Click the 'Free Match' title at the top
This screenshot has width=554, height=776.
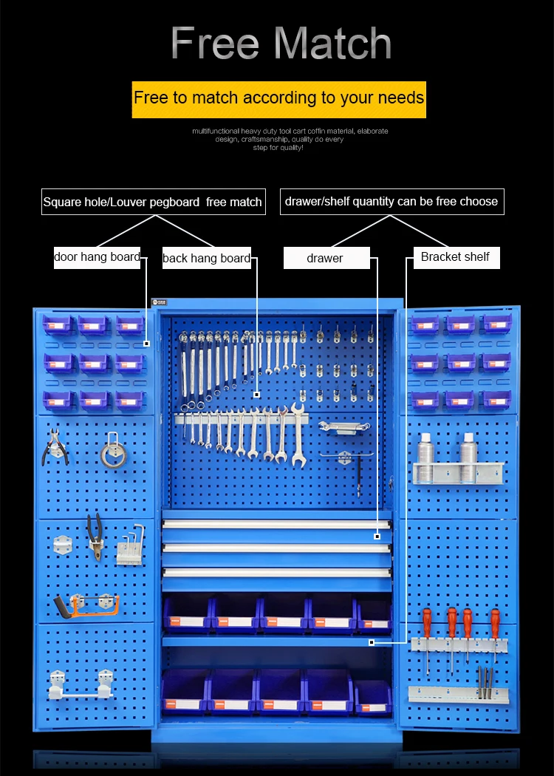coord(281,43)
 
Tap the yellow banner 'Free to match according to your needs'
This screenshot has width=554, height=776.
coord(278,98)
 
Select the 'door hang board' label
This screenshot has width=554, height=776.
coord(97,257)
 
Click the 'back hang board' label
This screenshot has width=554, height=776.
coord(206,258)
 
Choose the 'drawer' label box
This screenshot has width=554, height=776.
coord(325,258)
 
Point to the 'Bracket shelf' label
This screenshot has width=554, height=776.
coord(455,257)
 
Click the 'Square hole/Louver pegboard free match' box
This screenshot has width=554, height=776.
coord(152,202)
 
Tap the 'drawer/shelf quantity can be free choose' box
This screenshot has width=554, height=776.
coord(391,201)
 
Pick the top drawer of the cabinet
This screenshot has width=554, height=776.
coord(276,525)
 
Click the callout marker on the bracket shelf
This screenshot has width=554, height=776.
coord(371,642)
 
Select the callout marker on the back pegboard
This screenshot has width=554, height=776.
coord(256,394)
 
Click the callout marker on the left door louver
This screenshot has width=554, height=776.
coord(146,343)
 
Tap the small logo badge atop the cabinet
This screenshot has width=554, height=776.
coord(160,302)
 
